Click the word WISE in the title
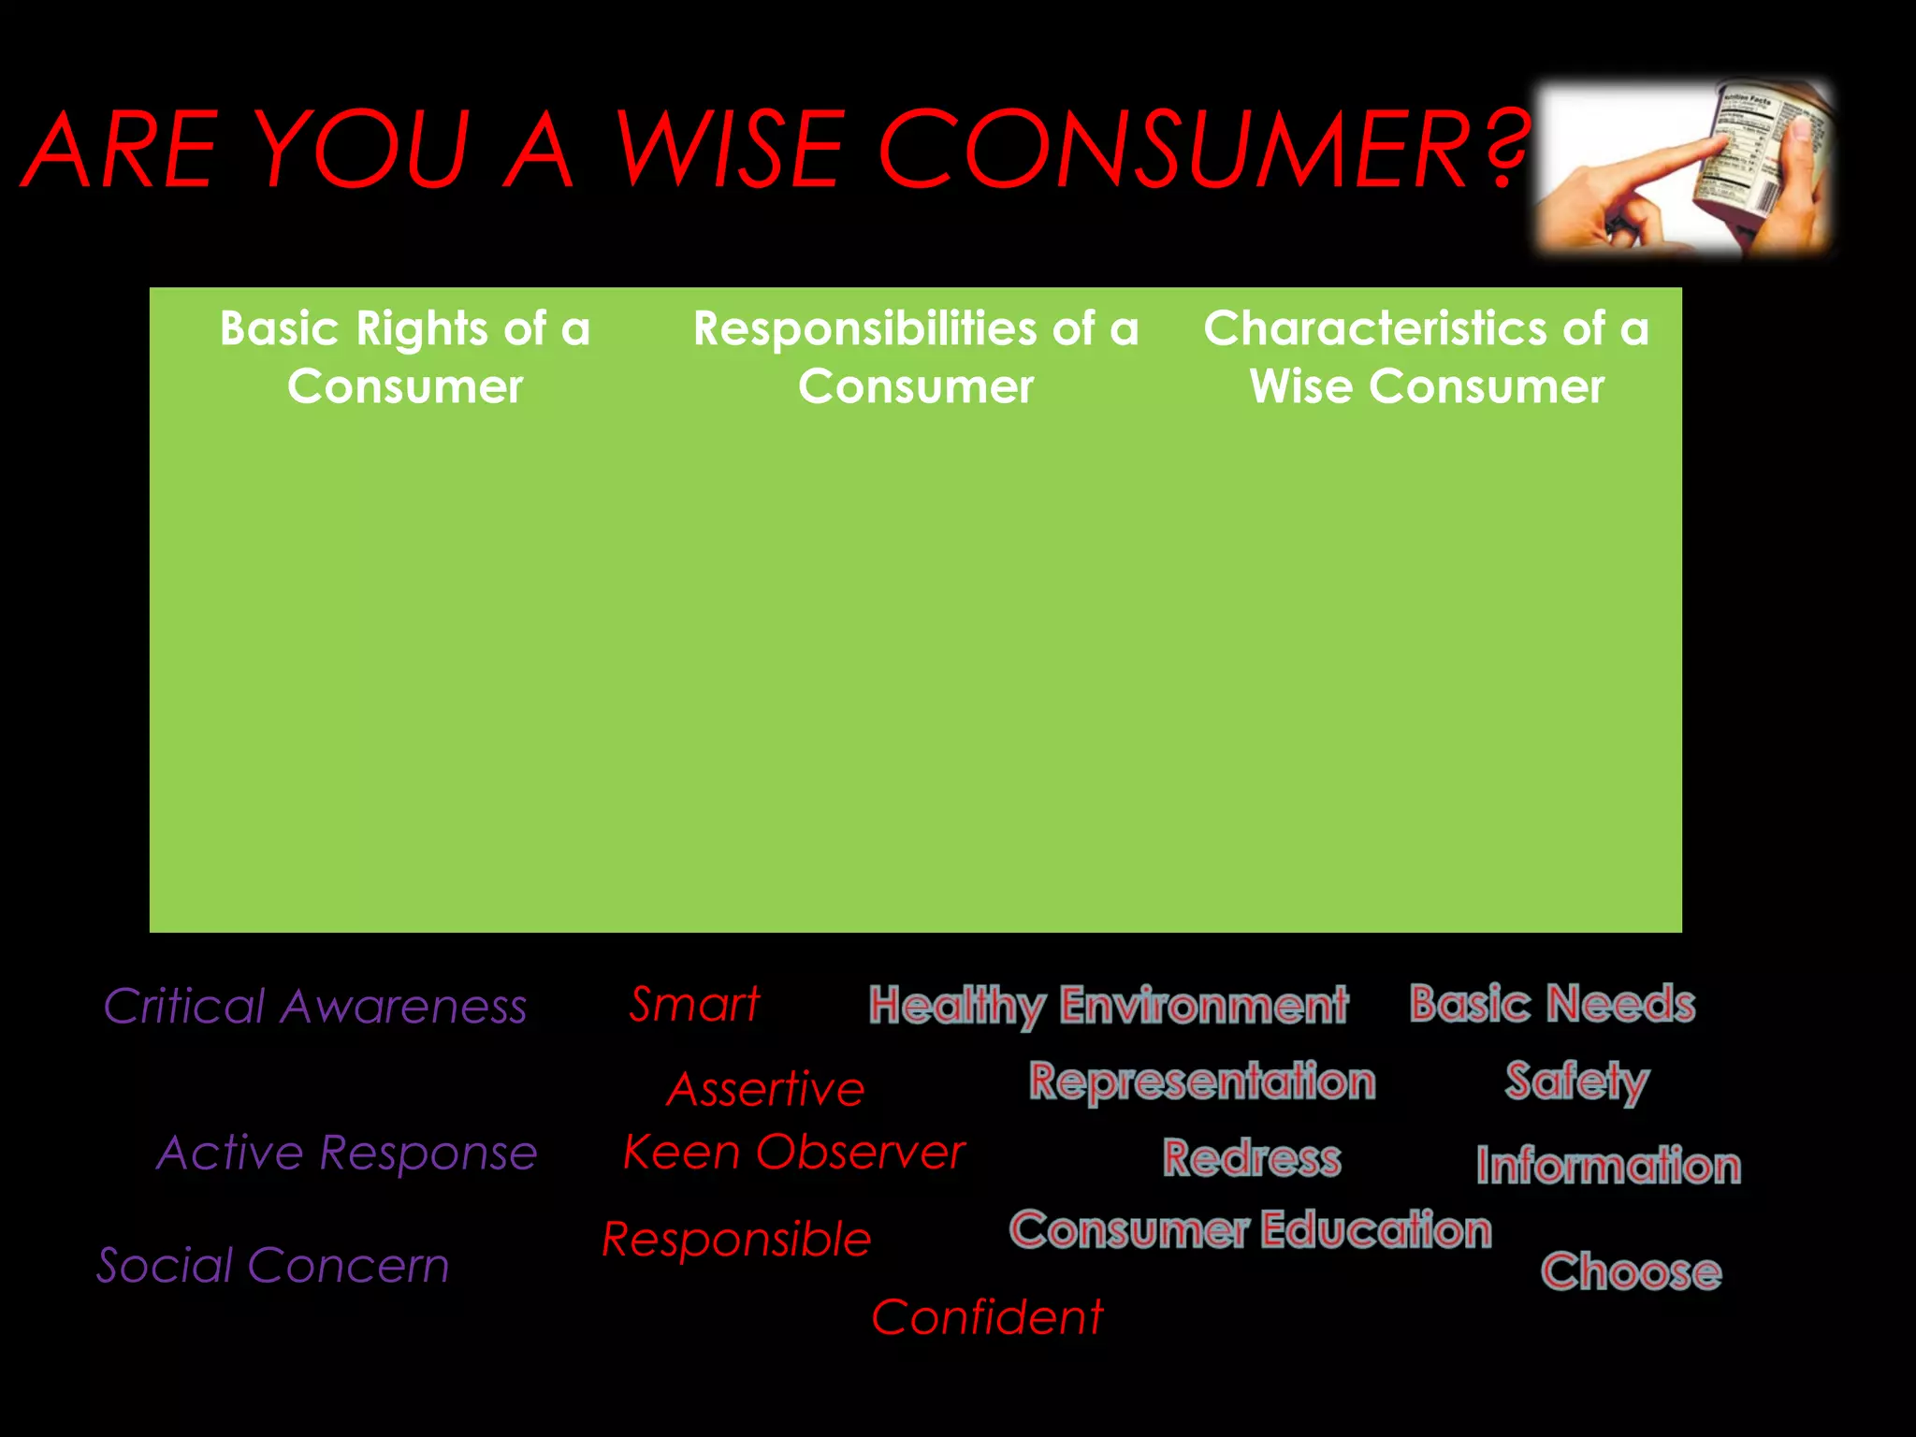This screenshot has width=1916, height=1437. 729,150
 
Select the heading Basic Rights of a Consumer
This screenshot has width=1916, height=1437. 405,357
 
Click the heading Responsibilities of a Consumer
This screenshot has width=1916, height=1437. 916,357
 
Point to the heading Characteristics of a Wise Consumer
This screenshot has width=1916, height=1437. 1427,357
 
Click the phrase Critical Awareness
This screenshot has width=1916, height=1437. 315,1007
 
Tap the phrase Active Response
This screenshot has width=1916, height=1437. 347,1153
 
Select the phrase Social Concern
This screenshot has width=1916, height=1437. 273,1266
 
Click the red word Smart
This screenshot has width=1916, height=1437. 694,1005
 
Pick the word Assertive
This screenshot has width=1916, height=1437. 765,1090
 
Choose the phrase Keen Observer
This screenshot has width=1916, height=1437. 793,1152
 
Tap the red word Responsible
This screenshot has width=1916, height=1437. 736,1240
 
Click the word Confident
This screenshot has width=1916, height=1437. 987,1317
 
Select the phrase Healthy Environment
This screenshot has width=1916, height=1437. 1109,1006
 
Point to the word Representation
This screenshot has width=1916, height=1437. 1202,1081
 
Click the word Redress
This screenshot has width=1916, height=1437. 1252,1158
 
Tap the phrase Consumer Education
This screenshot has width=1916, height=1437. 1250,1230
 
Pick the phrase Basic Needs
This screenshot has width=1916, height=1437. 1552,1004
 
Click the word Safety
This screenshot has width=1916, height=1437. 1576,1082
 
